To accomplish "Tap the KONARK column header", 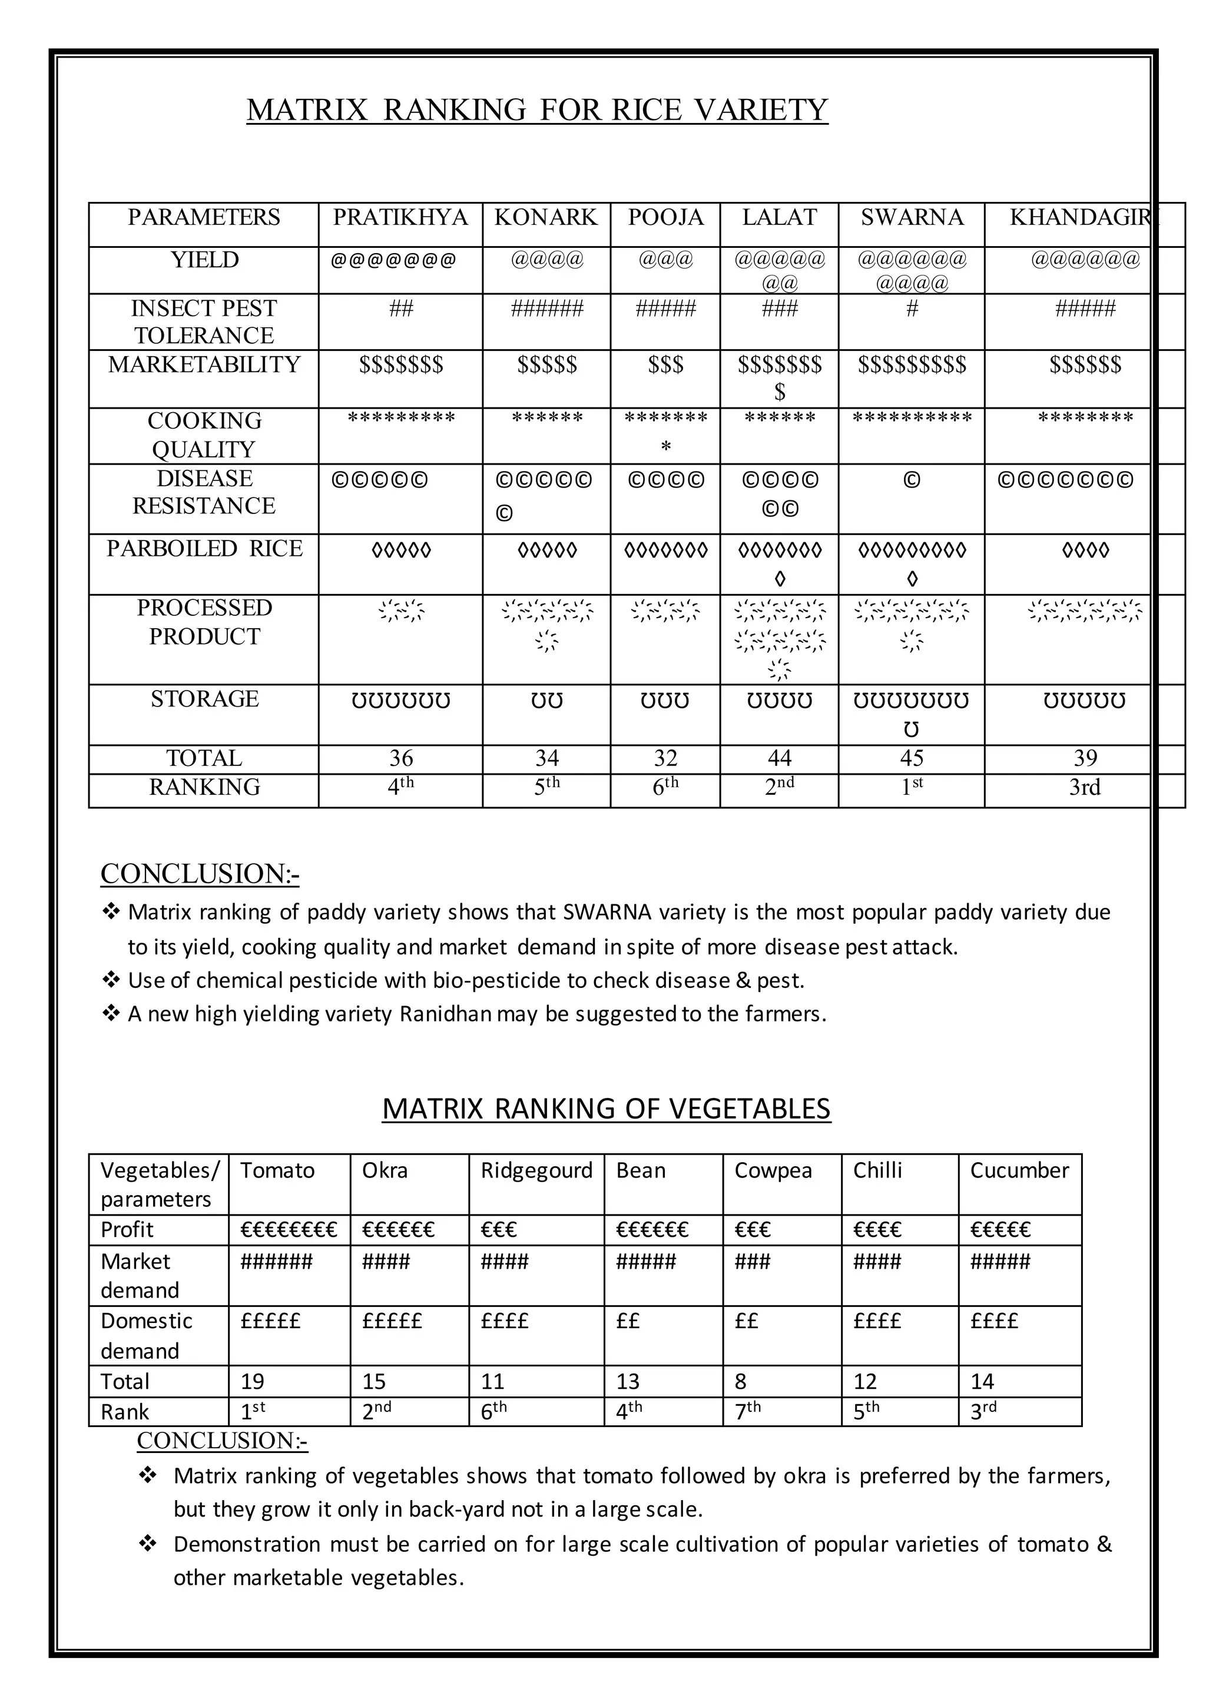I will (546, 218).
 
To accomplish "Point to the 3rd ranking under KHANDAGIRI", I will (1084, 787).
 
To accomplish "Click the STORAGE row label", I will (204, 699).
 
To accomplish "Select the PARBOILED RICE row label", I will (204, 549).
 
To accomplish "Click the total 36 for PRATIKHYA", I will (401, 758).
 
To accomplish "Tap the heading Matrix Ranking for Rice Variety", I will (537, 110).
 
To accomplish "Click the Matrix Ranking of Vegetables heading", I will (606, 1109).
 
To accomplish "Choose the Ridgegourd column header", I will (536, 1171).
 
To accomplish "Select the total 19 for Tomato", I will (253, 1382).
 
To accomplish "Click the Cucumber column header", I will (1019, 1171).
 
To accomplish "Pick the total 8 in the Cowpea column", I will (740, 1382).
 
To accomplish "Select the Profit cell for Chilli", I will (877, 1230).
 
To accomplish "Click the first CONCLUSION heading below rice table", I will (200, 874).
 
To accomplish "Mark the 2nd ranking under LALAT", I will (779, 787).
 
